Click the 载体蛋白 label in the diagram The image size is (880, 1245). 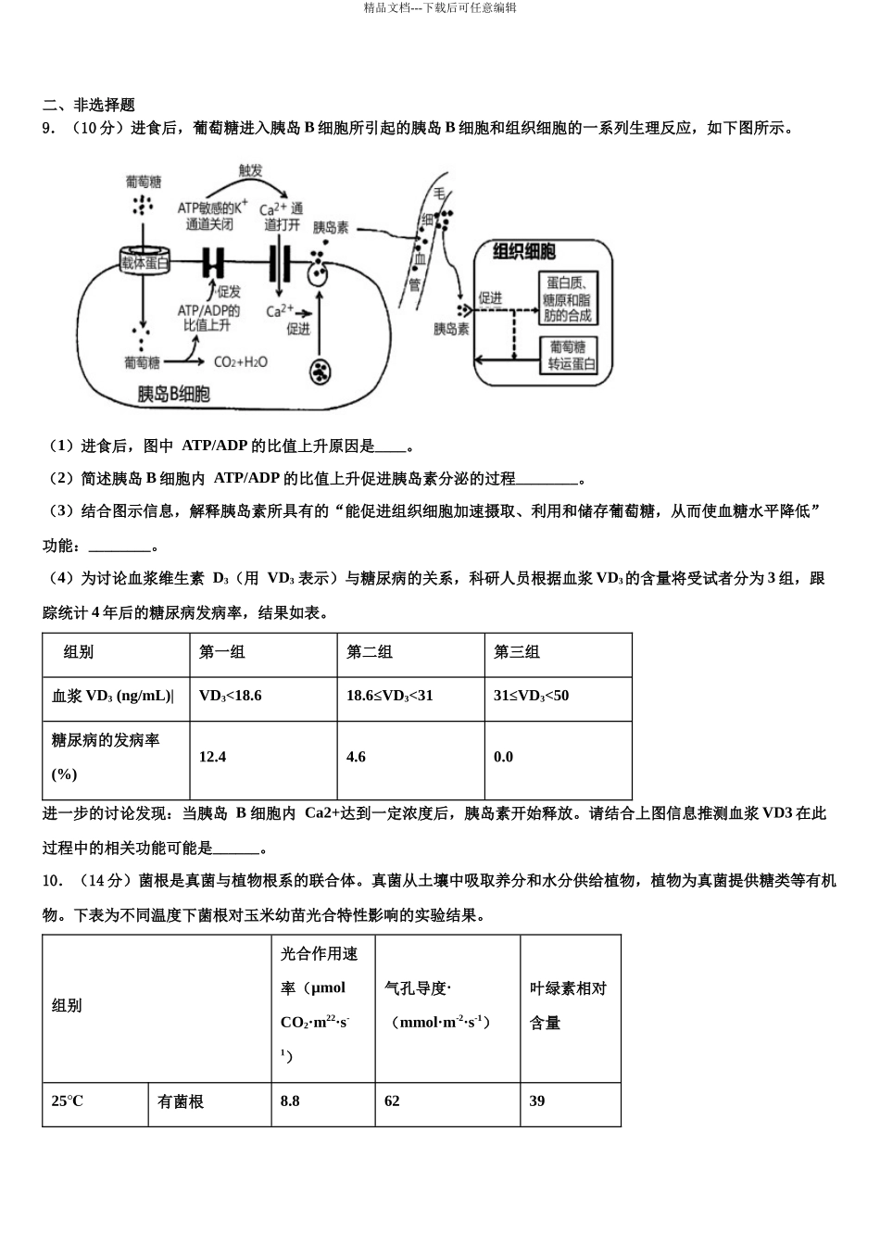click(x=145, y=263)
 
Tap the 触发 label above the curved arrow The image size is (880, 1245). click(x=251, y=170)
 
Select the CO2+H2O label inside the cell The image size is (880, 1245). click(x=241, y=362)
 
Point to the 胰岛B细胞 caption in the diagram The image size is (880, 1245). click(x=173, y=395)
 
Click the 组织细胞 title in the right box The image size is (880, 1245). click(x=524, y=252)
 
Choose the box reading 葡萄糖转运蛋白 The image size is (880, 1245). click(x=568, y=356)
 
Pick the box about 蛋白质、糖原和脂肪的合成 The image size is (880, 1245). click(x=568, y=299)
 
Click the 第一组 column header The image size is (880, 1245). click(x=222, y=652)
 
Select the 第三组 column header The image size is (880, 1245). click(x=517, y=652)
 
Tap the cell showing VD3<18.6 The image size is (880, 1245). click(x=231, y=696)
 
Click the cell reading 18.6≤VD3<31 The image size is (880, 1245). click(x=390, y=696)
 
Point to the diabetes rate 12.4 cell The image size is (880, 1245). click(x=213, y=757)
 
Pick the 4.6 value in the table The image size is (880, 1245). click(x=357, y=757)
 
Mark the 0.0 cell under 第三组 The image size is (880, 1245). click(x=503, y=757)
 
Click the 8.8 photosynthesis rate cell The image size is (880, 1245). click(x=290, y=1101)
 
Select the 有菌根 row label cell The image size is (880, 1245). click(x=181, y=1101)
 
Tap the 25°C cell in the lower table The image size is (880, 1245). click(x=68, y=1101)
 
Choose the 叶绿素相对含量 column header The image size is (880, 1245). click(x=568, y=1005)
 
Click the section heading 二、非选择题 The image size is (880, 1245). click(x=89, y=106)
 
